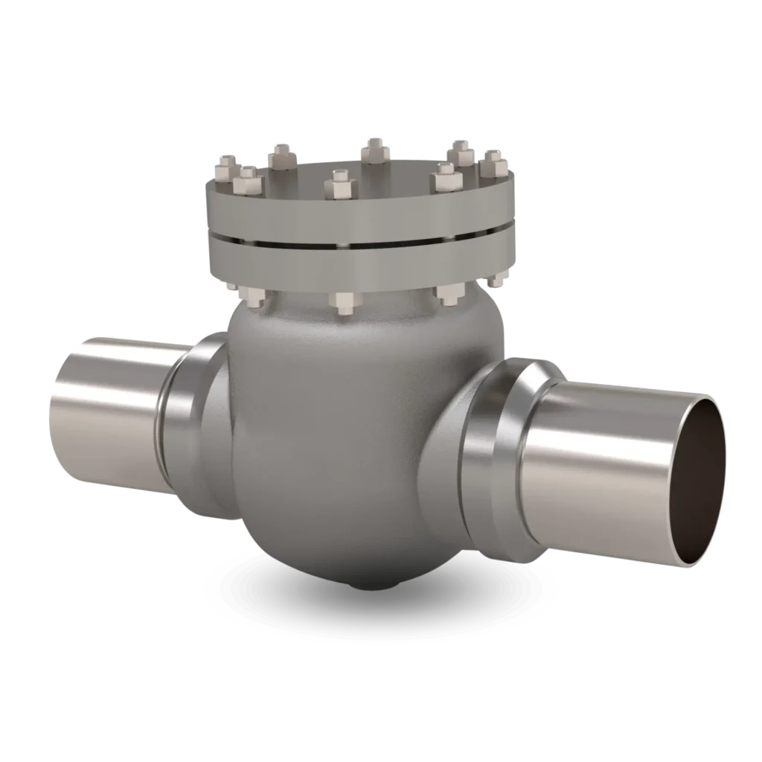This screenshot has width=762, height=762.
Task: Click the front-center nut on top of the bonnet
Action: [x=340, y=184]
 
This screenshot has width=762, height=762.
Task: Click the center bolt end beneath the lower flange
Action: [x=344, y=301]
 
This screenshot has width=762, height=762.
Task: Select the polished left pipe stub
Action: [x=104, y=409]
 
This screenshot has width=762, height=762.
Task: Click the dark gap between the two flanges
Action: [x=357, y=244]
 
